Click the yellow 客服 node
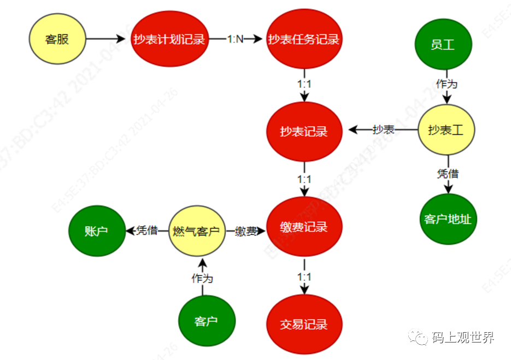[x=57, y=39]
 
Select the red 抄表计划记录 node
[x=169, y=40]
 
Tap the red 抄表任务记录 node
[x=304, y=40]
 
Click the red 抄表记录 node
[x=304, y=131]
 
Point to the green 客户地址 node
[x=448, y=220]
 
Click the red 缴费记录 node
[x=304, y=227]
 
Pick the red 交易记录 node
[x=304, y=324]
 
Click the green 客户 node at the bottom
[x=206, y=321]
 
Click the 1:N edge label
[x=236, y=40]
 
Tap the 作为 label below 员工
[x=447, y=84]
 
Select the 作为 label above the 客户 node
[x=202, y=278]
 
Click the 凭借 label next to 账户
[x=146, y=231]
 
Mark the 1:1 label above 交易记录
[x=304, y=277]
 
